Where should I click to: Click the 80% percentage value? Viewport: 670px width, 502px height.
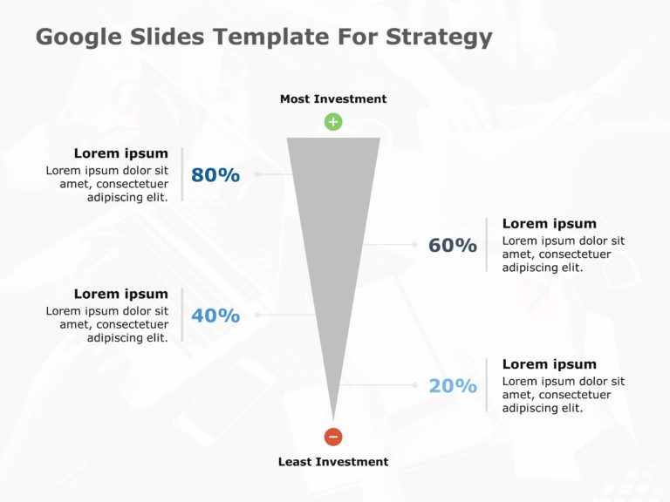(215, 175)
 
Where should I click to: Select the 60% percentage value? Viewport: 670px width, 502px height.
(452, 246)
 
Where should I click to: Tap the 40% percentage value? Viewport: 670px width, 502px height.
(215, 315)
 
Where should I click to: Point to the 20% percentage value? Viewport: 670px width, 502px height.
(452, 385)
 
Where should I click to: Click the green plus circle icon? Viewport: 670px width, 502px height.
(333, 122)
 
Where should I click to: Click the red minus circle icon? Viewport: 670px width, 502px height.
(333, 437)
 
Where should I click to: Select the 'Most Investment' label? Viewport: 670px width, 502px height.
(333, 99)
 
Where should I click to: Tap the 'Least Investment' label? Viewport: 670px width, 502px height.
(333, 462)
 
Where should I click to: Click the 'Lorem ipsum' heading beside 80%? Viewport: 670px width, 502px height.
(120, 153)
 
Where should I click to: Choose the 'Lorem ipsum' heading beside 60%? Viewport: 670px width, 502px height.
(550, 224)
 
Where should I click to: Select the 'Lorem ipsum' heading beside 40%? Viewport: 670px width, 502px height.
(120, 294)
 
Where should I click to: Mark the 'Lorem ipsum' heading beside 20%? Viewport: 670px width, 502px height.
(550, 364)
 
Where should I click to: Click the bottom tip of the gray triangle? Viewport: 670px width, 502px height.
(333, 417)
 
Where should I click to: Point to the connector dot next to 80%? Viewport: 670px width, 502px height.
(257, 174)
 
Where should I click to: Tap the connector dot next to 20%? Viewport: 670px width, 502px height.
(414, 384)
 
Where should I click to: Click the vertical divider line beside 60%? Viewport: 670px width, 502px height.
(487, 245)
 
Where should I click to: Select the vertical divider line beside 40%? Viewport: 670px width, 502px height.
(181, 315)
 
